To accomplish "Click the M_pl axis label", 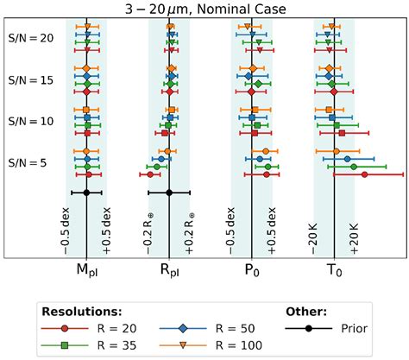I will pos(87,271).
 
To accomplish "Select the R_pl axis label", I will pos(170,271).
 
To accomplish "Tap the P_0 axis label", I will pos(252,271).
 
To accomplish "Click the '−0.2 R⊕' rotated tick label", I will pos(149,231).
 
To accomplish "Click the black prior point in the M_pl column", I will pos(87,193).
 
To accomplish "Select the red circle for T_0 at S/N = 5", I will pos(364,174).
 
